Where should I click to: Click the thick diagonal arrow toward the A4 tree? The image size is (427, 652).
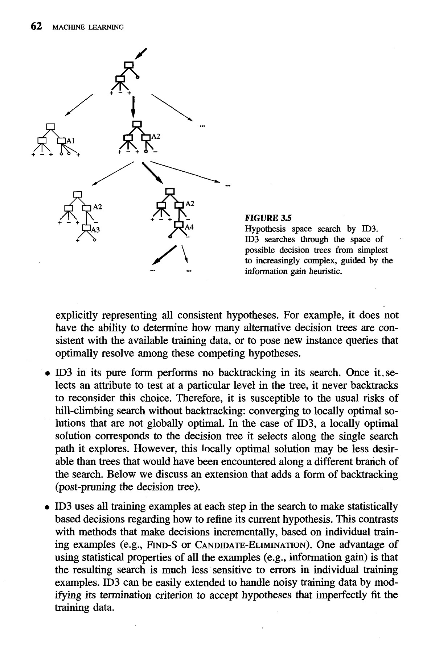(x=152, y=173)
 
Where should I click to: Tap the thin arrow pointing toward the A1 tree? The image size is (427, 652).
(x=79, y=105)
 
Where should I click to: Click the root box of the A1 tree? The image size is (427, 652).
(x=51, y=126)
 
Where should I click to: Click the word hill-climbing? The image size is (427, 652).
(x=81, y=411)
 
